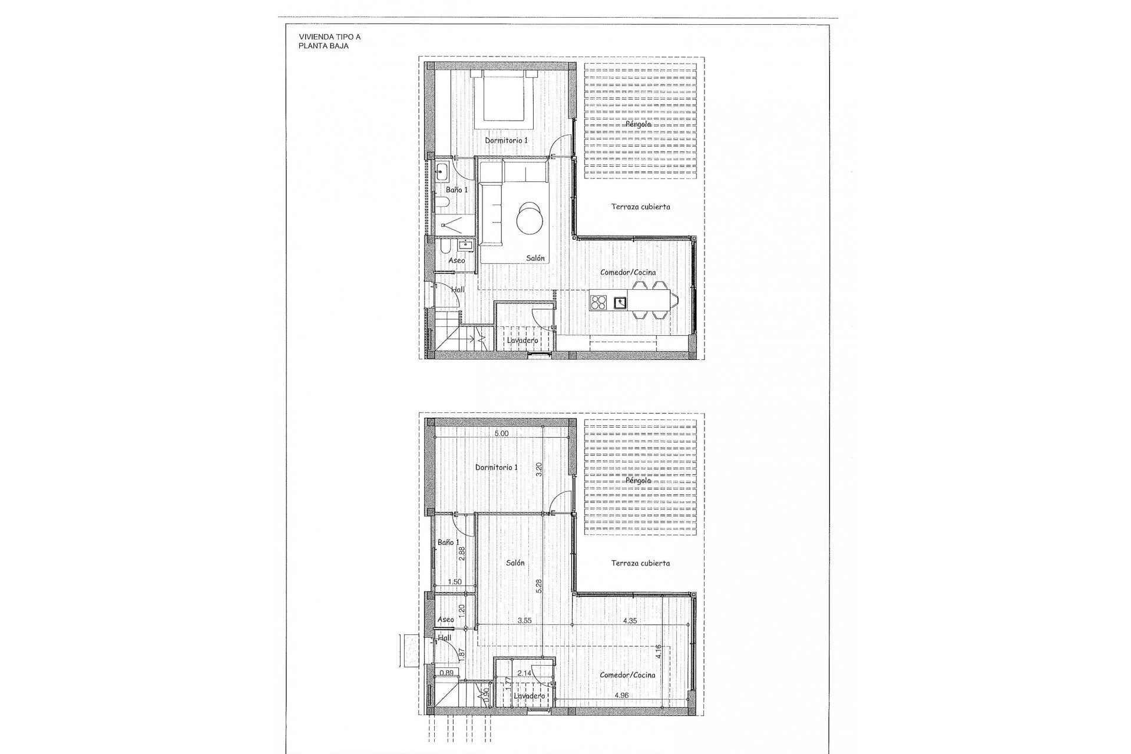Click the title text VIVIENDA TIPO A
(x=330, y=37)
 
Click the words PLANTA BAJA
(x=323, y=45)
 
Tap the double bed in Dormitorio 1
(x=504, y=96)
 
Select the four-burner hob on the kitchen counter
(x=599, y=302)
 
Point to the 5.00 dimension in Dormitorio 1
(x=501, y=433)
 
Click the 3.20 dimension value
(x=538, y=469)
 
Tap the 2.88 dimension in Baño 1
(x=462, y=554)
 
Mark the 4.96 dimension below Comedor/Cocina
(x=621, y=695)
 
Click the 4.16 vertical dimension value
(x=658, y=652)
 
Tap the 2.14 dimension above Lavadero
(x=524, y=672)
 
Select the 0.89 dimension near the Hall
(x=447, y=673)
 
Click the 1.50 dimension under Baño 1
(x=455, y=582)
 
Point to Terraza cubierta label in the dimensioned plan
(x=640, y=563)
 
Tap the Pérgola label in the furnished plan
(x=639, y=124)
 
